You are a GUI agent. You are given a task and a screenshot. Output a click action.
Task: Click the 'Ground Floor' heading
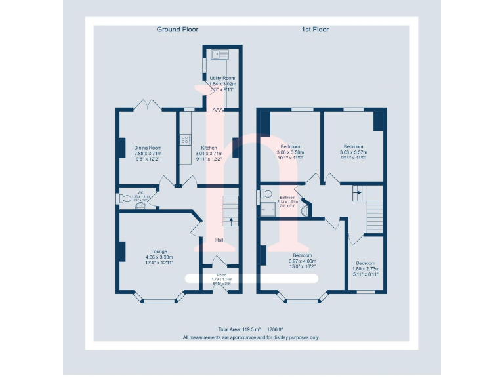(x=177, y=30)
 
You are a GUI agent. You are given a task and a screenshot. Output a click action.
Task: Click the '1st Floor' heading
(x=315, y=30)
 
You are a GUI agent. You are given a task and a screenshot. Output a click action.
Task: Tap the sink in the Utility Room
(x=217, y=54)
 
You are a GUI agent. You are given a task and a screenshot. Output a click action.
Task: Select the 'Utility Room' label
(x=222, y=78)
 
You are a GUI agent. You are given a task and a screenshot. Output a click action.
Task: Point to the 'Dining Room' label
(x=148, y=148)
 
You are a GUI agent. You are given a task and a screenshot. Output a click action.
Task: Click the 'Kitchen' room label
(x=209, y=148)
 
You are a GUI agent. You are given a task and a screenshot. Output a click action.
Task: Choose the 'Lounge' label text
(x=159, y=251)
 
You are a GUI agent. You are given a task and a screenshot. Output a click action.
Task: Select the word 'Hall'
(x=219, y=240)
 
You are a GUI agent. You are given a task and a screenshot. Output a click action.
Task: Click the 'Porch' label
(x=222, y=275)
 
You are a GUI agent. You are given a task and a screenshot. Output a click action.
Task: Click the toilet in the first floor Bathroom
(x=265, y=194)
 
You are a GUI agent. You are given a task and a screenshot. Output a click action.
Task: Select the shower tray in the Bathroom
(x=268, y=210)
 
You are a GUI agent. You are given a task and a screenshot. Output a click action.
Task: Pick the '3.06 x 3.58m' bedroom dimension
(x=291, y=152)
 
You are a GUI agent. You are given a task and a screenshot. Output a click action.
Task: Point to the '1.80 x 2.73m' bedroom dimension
(x=366, y=269)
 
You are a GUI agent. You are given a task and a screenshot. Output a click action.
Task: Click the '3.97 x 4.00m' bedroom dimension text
(x=302, y=261)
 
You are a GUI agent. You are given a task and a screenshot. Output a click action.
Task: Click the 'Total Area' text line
(x=251, y=329)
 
